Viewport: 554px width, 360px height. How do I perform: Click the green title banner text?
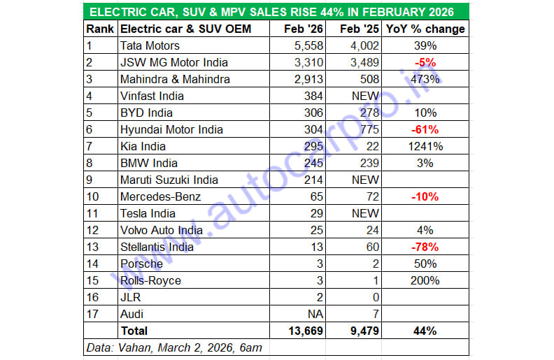[276, 12]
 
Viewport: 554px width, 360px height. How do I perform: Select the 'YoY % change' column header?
[425, 29]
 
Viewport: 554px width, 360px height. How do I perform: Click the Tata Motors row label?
[150, 45]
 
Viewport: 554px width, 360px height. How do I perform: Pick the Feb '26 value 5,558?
[307, 45]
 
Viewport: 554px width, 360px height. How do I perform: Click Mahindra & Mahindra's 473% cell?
[425, 79]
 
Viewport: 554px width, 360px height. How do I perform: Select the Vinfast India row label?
[152, 96]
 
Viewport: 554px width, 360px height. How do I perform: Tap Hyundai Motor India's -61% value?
[425, 129]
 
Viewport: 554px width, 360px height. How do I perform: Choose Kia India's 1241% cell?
[425, 146]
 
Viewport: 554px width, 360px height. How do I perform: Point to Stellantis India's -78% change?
[425, 247]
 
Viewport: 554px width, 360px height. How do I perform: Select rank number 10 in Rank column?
[93, 196]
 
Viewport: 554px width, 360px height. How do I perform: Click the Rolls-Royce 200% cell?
[425, 280]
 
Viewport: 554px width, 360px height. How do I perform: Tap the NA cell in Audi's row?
[313, 314]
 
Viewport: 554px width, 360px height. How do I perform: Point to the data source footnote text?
[175, 347]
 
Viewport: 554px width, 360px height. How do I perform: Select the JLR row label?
[131, 297]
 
